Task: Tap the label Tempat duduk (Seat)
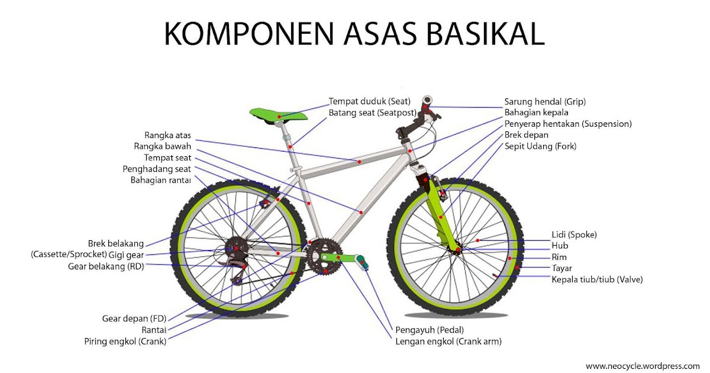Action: coord(370,101)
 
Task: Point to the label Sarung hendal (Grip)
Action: coord(545,101)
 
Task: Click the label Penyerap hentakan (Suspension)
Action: coord(568,124)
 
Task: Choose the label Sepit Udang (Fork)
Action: coord(540,146)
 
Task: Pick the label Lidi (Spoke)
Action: coord(574,234)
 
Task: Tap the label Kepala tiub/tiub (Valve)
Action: coord(597,279)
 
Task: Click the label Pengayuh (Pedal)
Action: coord(430,330)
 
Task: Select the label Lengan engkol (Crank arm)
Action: coord(448,341)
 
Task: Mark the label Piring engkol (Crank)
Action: coord(125,341)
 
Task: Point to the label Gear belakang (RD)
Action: coord(106,266)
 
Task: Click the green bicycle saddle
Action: coord(278,114)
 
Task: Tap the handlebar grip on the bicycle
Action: coord(427,101)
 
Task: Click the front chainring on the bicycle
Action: coord(323,256)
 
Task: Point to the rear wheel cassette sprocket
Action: coord(237,249)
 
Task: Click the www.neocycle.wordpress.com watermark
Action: coord(643,366)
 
